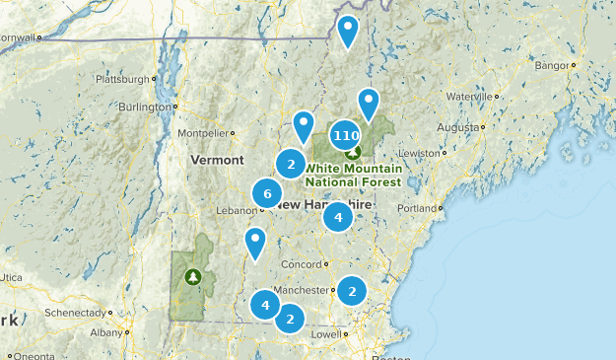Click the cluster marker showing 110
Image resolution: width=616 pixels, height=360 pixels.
(345, 136)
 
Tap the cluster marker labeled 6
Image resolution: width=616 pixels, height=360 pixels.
(267, 193)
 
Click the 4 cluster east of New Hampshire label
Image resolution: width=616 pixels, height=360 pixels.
(338, 217)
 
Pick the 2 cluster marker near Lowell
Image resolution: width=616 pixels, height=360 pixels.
(290, 319)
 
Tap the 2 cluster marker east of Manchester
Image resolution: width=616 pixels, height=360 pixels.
(352, 291)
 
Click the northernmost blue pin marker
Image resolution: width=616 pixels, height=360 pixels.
(348, 30)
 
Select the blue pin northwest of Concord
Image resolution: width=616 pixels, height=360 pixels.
(255, 240)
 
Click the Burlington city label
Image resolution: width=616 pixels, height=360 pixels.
(144, 108)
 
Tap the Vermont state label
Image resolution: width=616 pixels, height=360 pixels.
(217, 160)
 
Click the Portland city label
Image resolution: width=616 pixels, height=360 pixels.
(417, 208)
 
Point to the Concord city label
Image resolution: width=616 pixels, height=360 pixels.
(300, 264)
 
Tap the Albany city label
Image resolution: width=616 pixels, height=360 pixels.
(105, 333)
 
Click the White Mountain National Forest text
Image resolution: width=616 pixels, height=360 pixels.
(353, 176)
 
